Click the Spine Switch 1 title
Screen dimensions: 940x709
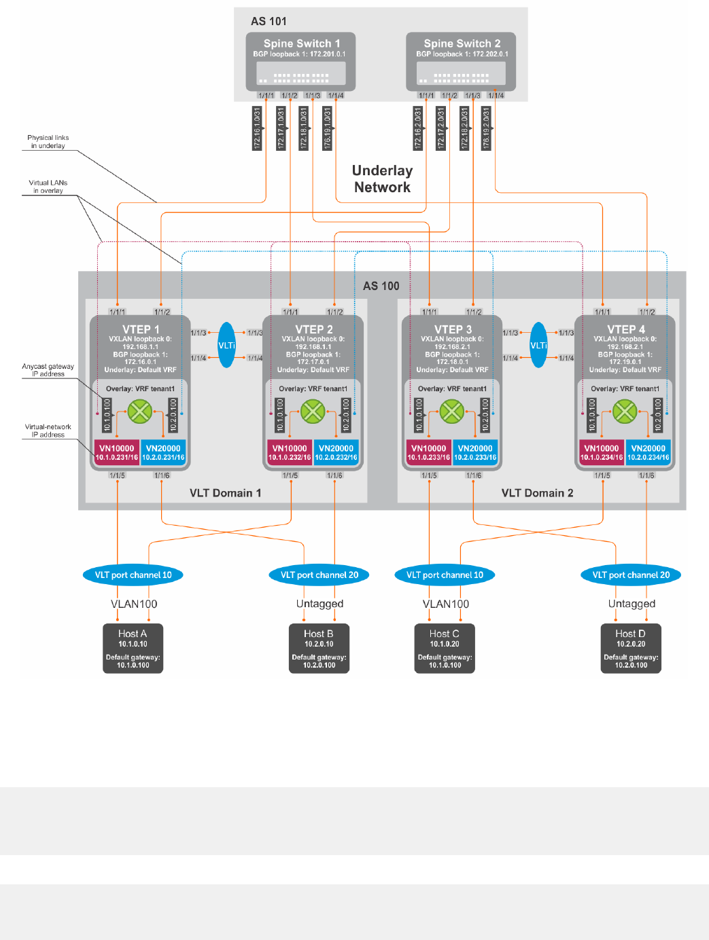point(302,43)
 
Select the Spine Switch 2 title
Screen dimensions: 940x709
point(462,43)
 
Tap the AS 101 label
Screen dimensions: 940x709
point(269,22)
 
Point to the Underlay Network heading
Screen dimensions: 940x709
point(382,179)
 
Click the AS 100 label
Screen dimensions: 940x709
point(381,286)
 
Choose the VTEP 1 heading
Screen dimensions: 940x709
point(141,329)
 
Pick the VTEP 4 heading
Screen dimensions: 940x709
point(626,329)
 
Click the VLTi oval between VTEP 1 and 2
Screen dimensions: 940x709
point(227,345)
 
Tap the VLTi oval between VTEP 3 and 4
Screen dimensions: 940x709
point(538,345)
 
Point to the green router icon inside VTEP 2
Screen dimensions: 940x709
point(313,411)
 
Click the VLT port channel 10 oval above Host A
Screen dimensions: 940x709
point(133,575)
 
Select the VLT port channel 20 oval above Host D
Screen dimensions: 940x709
point(631,575)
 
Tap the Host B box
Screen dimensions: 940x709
point(319,649)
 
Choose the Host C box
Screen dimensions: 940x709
point(445,649)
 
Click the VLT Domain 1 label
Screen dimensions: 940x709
point(225,493)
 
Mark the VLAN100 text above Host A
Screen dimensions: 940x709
point(134,604)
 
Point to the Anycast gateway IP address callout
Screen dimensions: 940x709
point(48,370)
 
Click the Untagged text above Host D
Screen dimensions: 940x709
point(632,604)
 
